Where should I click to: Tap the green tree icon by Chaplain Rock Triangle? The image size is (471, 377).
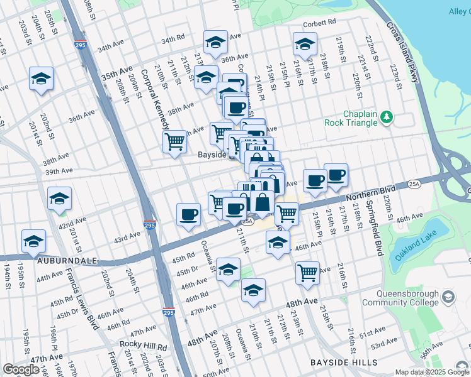point(387,116)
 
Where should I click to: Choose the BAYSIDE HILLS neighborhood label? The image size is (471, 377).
point(344,363)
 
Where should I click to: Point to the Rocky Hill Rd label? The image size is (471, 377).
point(144,346)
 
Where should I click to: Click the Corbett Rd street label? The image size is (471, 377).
point(317,23)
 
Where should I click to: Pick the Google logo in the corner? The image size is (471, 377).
point(21,369)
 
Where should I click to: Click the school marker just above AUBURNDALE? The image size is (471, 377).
point(34,241)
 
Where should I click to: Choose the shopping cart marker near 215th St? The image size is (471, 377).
point(307,272)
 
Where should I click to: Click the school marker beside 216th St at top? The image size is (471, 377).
point(305,44)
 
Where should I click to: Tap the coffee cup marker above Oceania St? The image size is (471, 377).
point(189,215)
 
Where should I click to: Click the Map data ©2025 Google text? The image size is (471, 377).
point(431,372)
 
